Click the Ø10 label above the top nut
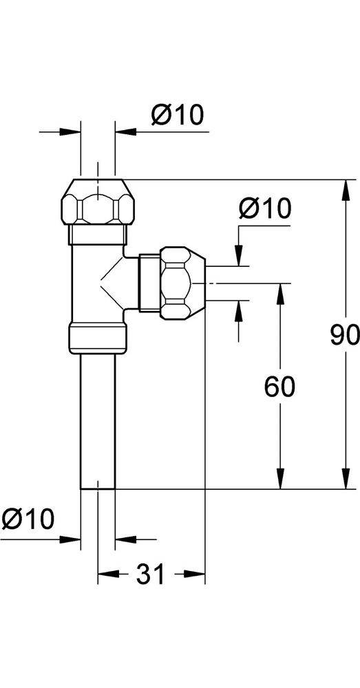(x=177, y=115)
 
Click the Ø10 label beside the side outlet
(x=265, y=208)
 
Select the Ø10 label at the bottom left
(x=28, y=518)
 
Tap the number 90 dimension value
(x=344, y=335)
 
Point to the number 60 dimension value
(x=279, y=387)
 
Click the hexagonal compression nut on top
(x=97, y=201)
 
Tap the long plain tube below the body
(x=97, y=420)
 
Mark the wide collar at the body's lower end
(x=97, y=338)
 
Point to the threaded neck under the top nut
(x=97, y=233)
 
